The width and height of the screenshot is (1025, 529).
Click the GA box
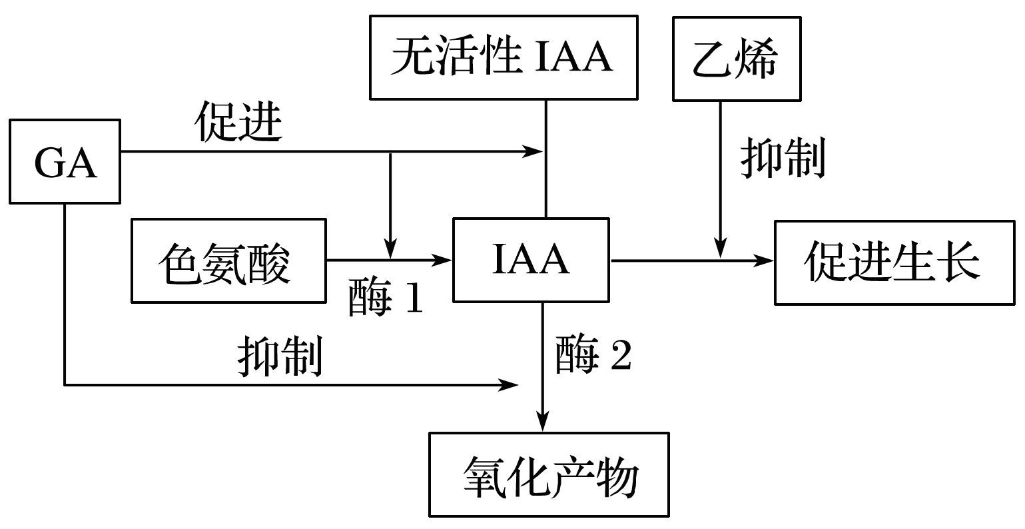(x=65, y=161)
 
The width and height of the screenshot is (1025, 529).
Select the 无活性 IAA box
(x=502, y=58)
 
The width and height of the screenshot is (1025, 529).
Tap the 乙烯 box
(x=736, y=59)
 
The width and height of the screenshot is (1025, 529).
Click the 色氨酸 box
(x=228, y=261)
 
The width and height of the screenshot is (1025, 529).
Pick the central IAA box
(x=531, y=260)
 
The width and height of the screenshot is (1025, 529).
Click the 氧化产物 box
(x=549, y=474)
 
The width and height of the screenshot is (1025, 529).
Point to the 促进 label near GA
(x=238, y=123)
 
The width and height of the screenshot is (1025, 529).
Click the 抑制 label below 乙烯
(x=783, y=159)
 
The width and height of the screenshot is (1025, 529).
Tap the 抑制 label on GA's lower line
(x=280, y=356)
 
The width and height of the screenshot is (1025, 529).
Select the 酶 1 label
(x=386, y=300)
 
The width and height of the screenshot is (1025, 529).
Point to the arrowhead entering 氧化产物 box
(x=544, y=424)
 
